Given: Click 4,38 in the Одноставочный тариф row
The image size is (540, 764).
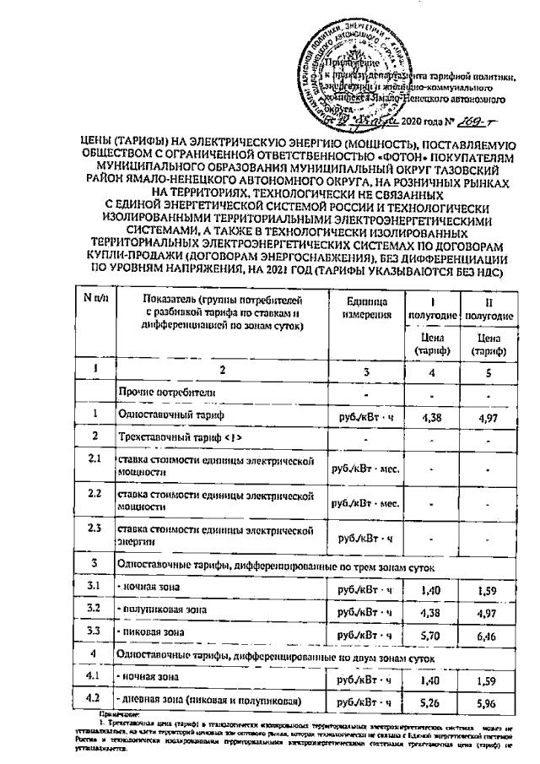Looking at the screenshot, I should pos(432,415).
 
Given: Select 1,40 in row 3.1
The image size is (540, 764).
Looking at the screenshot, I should pos(432,584).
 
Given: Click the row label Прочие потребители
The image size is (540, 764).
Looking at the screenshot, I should pos(162,393).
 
